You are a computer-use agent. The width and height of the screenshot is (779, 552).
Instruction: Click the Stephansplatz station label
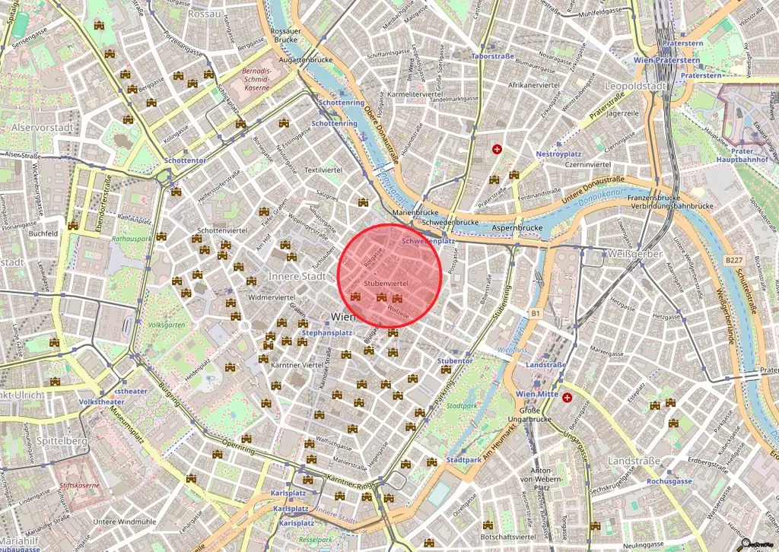coord(326,333)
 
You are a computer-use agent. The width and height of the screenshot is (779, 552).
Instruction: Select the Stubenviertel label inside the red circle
coord(386,283)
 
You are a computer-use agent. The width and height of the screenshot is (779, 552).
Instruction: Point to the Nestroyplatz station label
coord(558,154)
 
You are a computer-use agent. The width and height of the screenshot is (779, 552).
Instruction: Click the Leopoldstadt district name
coord(634,86)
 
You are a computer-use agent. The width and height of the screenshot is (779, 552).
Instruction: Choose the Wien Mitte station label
coord(538,394)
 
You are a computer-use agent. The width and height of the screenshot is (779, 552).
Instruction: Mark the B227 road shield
coord(733,260)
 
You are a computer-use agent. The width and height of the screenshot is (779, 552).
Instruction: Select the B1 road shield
coord(535,312)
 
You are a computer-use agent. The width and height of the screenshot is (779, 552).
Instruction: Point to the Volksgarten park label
coord(166,325)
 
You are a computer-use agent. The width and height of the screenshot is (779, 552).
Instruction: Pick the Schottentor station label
coord(185,161)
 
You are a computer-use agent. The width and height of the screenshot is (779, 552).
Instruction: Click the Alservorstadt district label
coord(43,128)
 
